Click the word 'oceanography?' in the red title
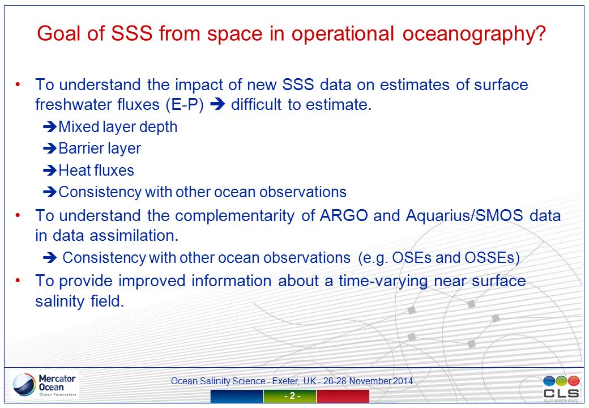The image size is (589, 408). click(x=474, y=34)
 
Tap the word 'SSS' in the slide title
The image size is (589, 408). click(x=132, y=33)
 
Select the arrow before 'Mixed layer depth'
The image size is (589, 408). click(x=50, y=127)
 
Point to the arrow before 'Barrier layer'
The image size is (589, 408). click(x=50, y=148)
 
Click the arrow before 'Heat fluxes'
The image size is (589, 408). click(x=50, y=171)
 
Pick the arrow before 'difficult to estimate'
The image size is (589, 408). click(x=217, y=104)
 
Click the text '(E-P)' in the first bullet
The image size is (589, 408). click(x=185, y=105)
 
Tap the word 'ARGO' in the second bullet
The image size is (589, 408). click(x=344, y=216)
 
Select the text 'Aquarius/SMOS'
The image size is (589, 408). click(x=464, y=216)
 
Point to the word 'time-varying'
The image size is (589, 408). click(x=383, y=282)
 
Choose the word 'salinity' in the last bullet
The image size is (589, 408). click(x=59, y=301)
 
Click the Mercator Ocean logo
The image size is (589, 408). click(x=45, y=385)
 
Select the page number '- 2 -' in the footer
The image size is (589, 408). click(x=292, y=396)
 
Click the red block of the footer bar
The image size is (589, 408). click(x=343, y=396)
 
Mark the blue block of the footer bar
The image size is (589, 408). click(x=236, y=396)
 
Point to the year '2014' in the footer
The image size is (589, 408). click(x=403, y=381)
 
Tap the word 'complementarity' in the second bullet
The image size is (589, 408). click(x=235, y=216)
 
